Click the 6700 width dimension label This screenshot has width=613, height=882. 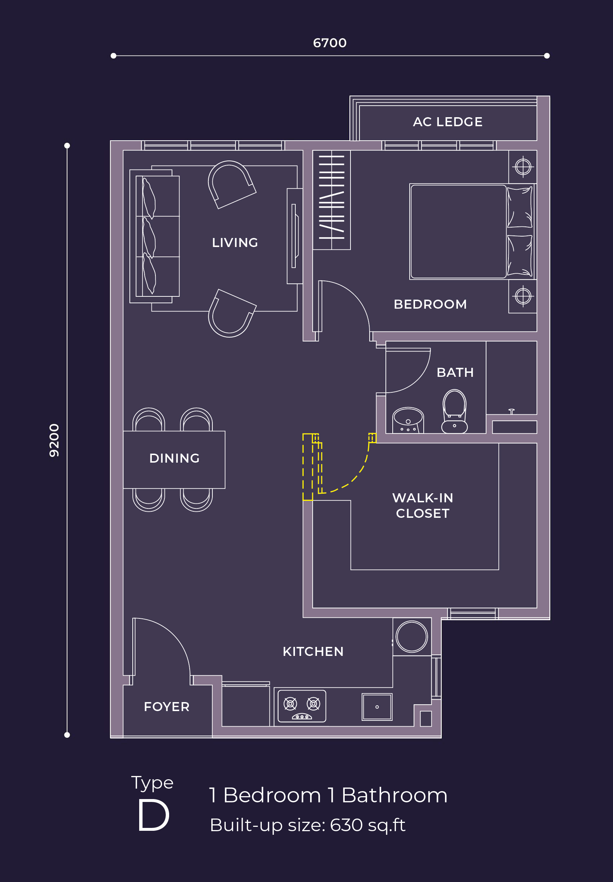pyautogui.click(x=330, y=43)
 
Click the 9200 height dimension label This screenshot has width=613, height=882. pyautogui.click(x=54, y=440)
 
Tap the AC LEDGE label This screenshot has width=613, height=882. pyautogui.click(x=447, y=122)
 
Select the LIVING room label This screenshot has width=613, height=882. pyautogui.click(x=235, y=242)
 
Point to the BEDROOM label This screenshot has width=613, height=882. pyautogui.click(x=430, y=304)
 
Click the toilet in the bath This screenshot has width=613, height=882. pyautogui.click(x=454, y=411)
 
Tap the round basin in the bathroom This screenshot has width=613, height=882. pyautogui.click(x=408, y=420)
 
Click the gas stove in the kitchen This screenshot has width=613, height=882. pyautogui.click(x=302, y=706)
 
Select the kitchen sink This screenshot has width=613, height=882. pyautogui.click(x=377, y=706)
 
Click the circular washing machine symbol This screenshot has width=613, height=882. pyautogui.click(x=411, y=636)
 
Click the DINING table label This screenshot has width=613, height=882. pyautogui.click(x=174, y=458)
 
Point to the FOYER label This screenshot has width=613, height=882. pyautogui.click(x=167, y=706)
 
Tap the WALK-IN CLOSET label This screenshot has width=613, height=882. pyautogui.click(x=423, y=505)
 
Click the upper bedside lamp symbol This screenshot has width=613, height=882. pyautogui.click(x=523, y=167)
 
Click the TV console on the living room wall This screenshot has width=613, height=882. pyautogui.click(x=294, y=236)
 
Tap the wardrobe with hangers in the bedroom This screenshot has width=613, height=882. pyautogui.click(x=331, y=200)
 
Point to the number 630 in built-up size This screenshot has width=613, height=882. pyautogui.click(x=346, y=825)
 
